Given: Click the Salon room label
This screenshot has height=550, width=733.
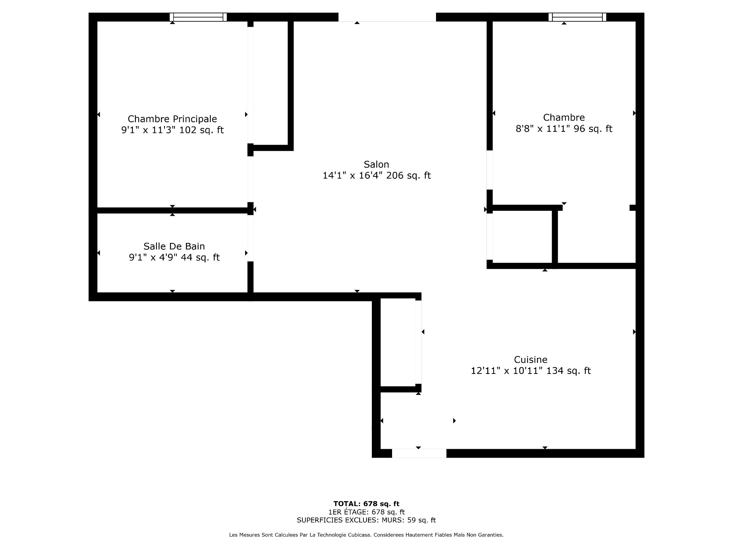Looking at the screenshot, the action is (x=376, y=164).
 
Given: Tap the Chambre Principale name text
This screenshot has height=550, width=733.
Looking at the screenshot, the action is (x=172, y=119).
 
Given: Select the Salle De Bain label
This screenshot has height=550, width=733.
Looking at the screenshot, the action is (x=174, y=246).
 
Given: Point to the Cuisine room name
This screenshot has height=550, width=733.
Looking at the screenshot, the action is (x=531, y=359).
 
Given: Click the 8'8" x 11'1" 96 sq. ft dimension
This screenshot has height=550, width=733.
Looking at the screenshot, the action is (x=564, y=129).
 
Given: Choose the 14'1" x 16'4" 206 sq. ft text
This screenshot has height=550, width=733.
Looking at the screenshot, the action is (x=376, y=175).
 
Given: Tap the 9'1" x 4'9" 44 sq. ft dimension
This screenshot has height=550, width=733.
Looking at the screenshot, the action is (x=174, y=257).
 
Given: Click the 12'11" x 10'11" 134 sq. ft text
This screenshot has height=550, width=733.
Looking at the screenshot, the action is (x=531, y=370).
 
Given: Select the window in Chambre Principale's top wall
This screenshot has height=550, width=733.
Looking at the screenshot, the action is (x=198, y=17).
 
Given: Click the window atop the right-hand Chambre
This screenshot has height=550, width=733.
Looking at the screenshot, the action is (x=577, y=17).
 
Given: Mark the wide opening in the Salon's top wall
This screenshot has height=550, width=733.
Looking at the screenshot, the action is (x=387, y=17).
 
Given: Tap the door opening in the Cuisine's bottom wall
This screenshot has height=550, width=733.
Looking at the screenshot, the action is (x=419, y=453).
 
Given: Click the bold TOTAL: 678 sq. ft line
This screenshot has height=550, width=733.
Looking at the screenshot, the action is (x=366, y=504).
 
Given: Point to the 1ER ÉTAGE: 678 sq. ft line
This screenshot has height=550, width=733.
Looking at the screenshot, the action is (x=366, y=512).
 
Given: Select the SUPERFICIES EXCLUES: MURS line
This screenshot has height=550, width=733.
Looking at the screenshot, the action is (x=366, y=520).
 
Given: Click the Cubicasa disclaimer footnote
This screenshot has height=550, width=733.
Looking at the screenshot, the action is (x=366, y=535).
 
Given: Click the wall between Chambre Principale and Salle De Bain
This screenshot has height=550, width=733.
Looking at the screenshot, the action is (x=172, y=210).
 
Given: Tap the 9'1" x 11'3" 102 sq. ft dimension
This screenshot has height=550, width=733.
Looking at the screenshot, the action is (x=172, y=130).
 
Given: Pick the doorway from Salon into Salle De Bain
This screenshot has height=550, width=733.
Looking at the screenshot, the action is (x=250, y=238).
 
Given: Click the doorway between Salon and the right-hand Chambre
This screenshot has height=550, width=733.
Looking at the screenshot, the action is (x=489, y=170).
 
